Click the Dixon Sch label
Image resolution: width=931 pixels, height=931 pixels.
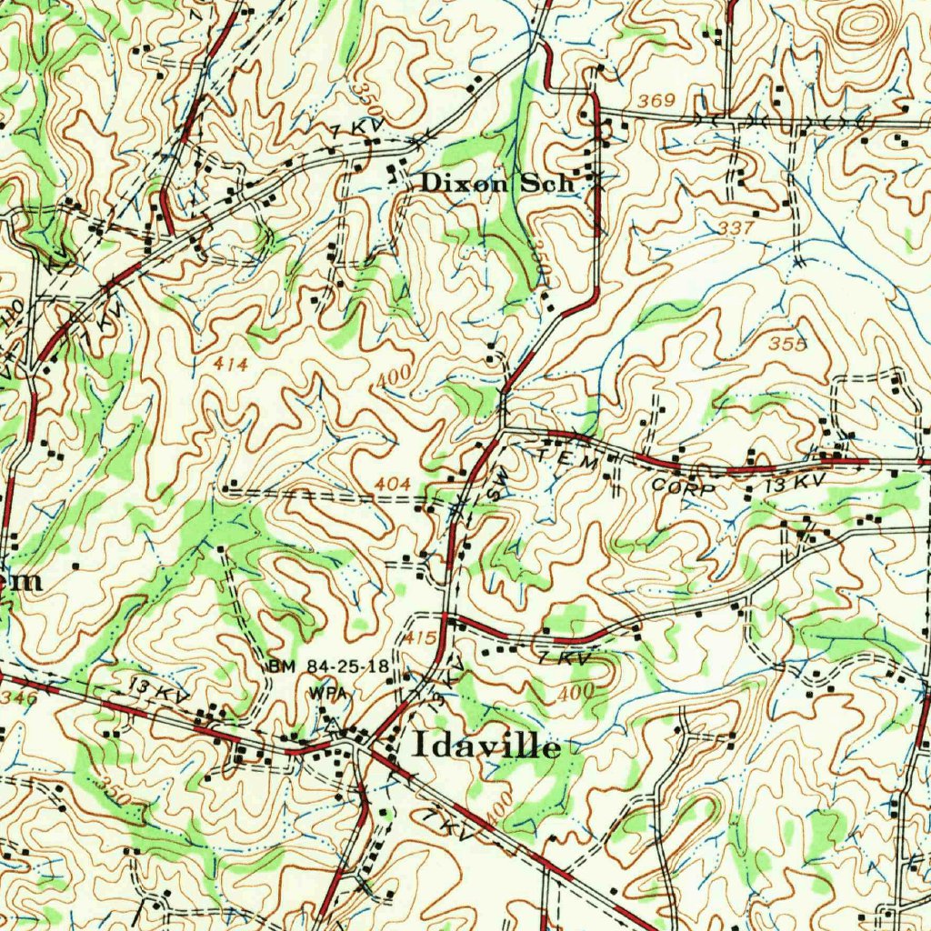[497, 183]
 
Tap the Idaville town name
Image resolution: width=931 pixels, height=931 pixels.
[486, 746]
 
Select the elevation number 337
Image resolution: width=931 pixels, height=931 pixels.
[736, 227]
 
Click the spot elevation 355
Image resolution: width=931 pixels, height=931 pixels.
[787, 344]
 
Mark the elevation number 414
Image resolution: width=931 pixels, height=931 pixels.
[231, 363]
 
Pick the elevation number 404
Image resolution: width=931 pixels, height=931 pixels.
[392, 485]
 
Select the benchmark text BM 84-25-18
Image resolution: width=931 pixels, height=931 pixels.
[328, 668]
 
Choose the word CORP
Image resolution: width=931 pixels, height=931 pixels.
[684, 487]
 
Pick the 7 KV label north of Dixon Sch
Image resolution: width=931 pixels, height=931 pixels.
[359, 129]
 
